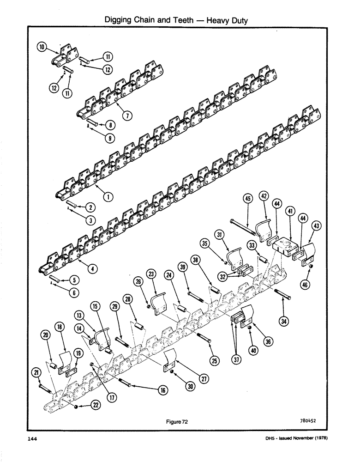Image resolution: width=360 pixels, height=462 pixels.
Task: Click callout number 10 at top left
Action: (x=42, y=47)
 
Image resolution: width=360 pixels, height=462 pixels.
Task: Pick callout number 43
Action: (x=317, y=226)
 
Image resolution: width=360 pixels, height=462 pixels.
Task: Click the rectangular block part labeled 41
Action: (x=282, y=245)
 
